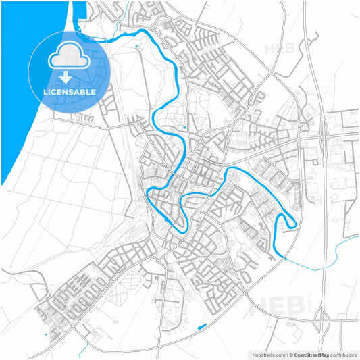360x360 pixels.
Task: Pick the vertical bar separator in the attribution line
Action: tap(286, 354)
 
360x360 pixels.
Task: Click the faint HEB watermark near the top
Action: tap(278, 49)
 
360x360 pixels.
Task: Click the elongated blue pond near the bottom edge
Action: tap(201, 328)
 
